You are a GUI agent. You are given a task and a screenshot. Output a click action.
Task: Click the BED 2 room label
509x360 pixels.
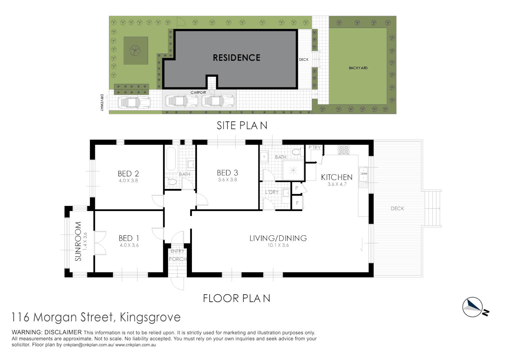(x=128, y=174)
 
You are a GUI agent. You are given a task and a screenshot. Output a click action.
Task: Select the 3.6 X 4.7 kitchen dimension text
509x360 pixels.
(x=337, y=184)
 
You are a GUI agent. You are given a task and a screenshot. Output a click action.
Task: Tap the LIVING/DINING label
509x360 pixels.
(x=278, y=238)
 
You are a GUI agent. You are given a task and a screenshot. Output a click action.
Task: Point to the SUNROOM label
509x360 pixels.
(x=78, y=241)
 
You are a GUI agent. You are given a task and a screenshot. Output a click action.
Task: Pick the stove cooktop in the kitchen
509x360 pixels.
(x=343, y=150)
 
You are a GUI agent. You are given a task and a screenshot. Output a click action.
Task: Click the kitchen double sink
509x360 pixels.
(x=363, y=174)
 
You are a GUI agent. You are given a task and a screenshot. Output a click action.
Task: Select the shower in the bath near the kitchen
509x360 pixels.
(x=293, y=171)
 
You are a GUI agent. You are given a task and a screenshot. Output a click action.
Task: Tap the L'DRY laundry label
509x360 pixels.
(x=272, y=192)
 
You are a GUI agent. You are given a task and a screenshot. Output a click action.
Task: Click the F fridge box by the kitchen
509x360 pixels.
(x=297, y=203)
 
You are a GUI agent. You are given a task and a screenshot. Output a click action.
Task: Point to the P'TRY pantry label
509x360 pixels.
(x=314, y=147)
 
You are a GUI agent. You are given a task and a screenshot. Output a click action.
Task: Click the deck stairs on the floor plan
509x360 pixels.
(x=433, y=209)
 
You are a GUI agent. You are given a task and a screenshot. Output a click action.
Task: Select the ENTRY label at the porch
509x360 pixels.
(x=177, y=251)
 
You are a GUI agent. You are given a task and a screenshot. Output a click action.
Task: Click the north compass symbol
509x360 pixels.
(x=473, y=307)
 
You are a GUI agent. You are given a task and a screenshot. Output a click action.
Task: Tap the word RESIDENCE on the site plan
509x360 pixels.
(x=237, y=58)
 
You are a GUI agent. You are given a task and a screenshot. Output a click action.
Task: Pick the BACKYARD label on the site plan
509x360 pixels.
(x=358, y=68)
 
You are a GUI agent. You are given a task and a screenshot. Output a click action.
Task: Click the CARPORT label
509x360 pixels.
(x=198, y=93)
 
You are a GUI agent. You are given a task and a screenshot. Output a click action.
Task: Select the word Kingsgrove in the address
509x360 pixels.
(x=150, y=317)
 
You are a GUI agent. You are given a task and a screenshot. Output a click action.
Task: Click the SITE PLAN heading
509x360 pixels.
(x=242, y=126)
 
